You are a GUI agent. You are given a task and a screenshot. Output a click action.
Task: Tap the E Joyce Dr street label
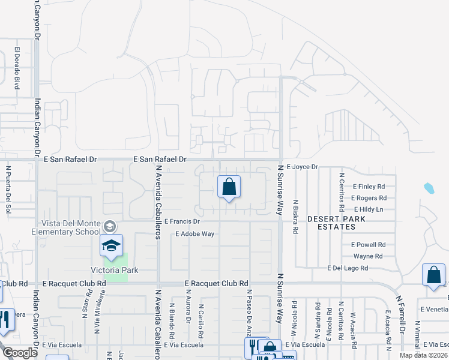coord(301,167)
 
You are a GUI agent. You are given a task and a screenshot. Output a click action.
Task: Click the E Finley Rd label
coord(369,187)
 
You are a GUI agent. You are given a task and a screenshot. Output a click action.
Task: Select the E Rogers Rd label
coord(368,197)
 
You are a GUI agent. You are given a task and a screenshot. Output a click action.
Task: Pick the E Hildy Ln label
coord(369,209)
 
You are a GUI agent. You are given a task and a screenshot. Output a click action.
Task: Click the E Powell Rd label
coord(368,245)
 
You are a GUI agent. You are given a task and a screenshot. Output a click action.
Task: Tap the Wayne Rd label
coord(368,256)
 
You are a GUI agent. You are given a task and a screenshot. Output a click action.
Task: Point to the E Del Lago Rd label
coord(347,268)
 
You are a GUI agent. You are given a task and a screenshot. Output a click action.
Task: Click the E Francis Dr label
coord(181,221)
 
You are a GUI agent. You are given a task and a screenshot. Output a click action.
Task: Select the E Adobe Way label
coord(195,234)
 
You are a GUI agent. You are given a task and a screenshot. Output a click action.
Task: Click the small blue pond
coord(429,188)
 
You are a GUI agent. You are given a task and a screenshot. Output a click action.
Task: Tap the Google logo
coord(19,353)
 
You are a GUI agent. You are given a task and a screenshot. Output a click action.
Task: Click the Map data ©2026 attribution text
coord(424,356)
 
